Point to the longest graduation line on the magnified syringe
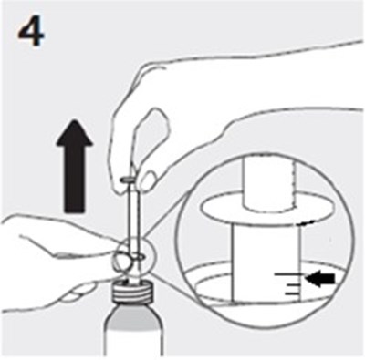point(289,274)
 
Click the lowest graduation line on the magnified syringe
point(291,294)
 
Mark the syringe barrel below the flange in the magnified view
point(266,262)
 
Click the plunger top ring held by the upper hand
point(130,180)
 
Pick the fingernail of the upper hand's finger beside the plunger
point(149,180)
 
